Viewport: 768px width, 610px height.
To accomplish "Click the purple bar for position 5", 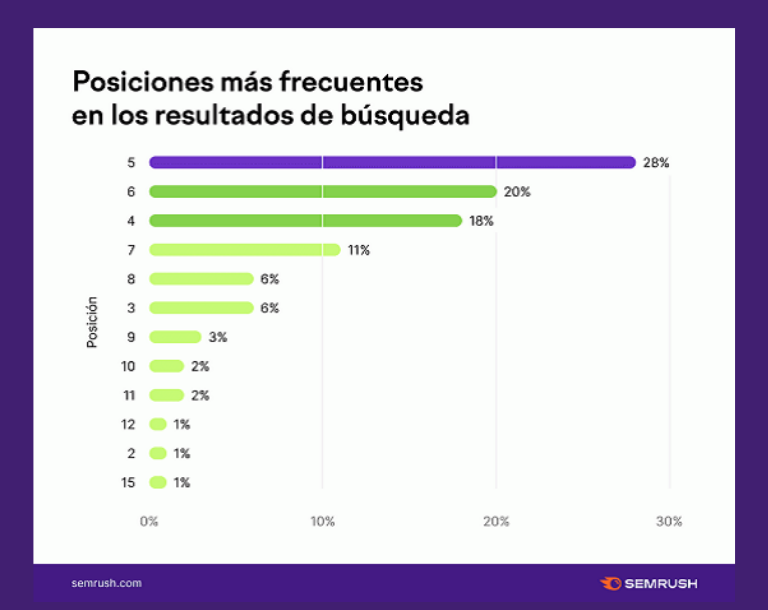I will click(392, 162).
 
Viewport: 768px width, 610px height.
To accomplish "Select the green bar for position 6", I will click(323, 191).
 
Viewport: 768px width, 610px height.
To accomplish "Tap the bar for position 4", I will click(305, 220).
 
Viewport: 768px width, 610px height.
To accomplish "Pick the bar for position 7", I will click(245, 250).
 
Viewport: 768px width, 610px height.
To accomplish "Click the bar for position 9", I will click(175, 337).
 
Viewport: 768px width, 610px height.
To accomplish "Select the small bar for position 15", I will click(158, 482).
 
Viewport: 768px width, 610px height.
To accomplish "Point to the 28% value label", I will click(656, 162).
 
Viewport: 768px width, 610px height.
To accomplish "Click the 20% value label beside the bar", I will click(517, 191).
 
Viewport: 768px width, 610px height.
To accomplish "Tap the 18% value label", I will click(482, 220).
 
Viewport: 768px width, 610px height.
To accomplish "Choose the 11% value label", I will click(359, 250).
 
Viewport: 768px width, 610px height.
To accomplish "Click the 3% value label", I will click(218, 337).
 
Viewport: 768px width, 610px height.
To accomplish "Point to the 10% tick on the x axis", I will click(322, 521).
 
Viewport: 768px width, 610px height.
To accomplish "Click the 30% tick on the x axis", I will click(669, 521).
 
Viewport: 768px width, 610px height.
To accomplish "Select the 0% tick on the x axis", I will click(149, 521).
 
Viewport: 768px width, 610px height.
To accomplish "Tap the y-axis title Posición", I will click(92, 321).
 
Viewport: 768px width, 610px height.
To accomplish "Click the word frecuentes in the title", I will click(346, 81).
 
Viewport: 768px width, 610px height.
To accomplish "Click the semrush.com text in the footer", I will click(107, 583).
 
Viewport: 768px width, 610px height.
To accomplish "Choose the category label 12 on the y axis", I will click(127, 424).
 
